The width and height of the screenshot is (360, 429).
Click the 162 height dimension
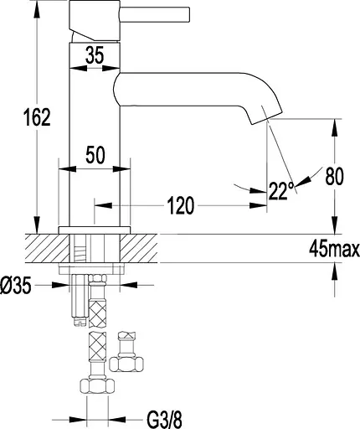37,117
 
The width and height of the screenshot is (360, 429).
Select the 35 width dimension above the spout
95,54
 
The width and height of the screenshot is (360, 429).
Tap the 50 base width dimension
95,155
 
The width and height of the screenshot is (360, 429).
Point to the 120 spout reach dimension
181,205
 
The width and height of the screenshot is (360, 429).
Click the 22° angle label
281,191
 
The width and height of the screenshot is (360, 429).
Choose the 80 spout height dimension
334,176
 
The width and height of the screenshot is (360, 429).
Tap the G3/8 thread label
164,419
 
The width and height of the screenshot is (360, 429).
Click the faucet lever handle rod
155,14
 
